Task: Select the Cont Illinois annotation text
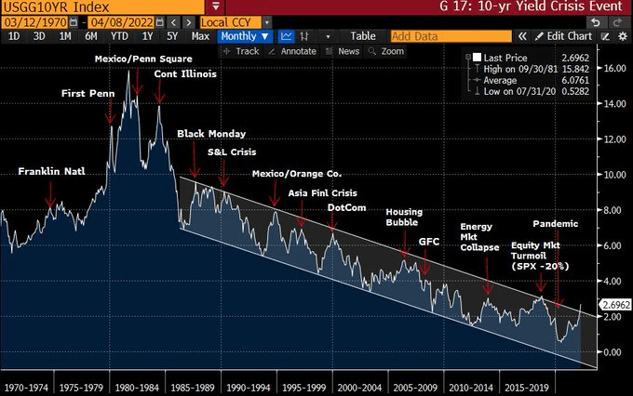[186, 74]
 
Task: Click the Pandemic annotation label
[556, 224]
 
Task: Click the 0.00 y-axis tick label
[610, 352]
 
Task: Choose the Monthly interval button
[245, 36]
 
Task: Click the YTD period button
[119, 36]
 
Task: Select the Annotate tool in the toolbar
[291, 51]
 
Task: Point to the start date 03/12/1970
[34, 21]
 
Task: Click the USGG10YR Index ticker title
[47, 7]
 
